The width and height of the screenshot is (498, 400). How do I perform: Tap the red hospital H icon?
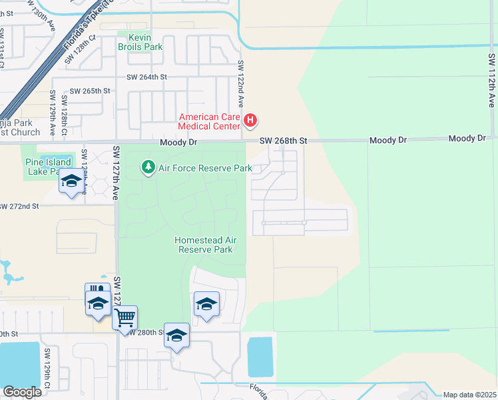(x=250, y=121)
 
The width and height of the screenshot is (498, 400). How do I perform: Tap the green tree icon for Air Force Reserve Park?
(x=148, y=167)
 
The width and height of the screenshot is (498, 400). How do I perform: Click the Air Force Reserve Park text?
(x=205, y=168)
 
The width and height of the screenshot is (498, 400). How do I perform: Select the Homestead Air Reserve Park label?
(x=205, y=245)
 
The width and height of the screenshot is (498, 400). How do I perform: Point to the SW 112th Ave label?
(x=491, y=81)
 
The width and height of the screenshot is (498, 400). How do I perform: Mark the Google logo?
(x=22, y=391)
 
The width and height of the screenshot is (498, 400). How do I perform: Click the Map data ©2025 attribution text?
(x=469, y=395)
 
